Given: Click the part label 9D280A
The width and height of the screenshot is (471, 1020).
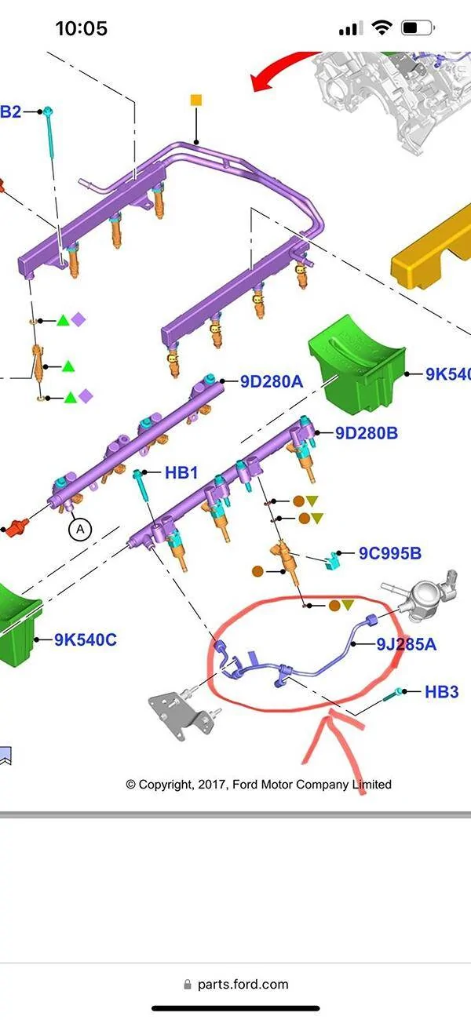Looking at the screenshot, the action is click(272, 381).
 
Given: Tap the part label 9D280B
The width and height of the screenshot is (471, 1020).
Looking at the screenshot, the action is click(367, 433).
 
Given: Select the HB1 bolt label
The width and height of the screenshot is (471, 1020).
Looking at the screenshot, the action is click(181, 472).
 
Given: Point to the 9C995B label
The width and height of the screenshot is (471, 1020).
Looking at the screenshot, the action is click(390, 553).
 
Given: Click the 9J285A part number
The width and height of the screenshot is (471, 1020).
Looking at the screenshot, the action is click(407, 644).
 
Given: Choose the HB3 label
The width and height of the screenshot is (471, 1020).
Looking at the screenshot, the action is click(441, 692).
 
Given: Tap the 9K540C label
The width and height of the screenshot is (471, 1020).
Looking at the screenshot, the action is click(86, 639).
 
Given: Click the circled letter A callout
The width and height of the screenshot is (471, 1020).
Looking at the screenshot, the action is click(80, 529).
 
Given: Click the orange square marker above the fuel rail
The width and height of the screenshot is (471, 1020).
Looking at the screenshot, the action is click(196, 100).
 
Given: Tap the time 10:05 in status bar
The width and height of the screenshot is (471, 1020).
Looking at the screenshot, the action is click(82, 29).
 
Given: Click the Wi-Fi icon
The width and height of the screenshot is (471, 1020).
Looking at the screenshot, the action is click(382, 27).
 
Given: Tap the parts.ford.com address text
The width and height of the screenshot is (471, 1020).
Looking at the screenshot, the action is click(243, 984).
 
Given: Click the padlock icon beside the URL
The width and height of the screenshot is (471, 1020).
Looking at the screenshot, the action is click(187, 984).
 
